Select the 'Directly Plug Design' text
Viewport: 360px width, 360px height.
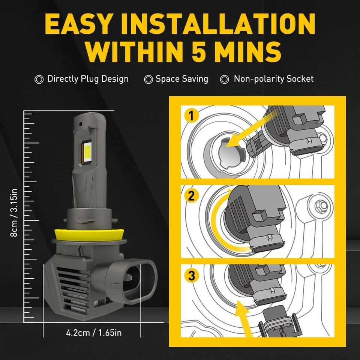pyautogui.click(x=88, y=79)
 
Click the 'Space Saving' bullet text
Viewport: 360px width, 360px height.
pyautogui.click(x=181, y=79)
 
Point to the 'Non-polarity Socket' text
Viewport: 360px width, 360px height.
pyautogui.click(x=273, y=79)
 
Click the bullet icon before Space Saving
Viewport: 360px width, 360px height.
pyautogui.click(x=148, y=79)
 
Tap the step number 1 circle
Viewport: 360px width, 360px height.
pyautogui.click(x=192, y=116)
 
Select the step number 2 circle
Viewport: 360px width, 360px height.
pyautogui.click(x=192, y=195)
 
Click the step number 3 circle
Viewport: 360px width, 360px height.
pyautogui.click(x=192, y=276)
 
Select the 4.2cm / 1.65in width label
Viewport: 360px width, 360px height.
pyautogui.click(x=94, y=333)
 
